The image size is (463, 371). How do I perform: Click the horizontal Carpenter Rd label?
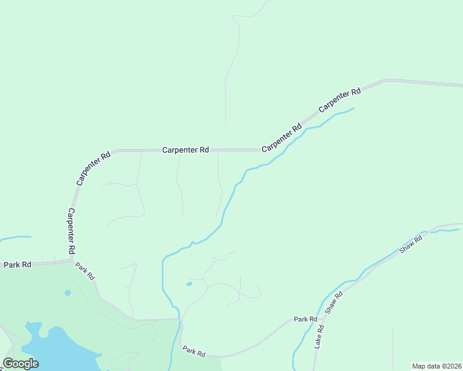(x=186, y=150)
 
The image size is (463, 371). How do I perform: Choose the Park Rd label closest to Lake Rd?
(x=305, y=319)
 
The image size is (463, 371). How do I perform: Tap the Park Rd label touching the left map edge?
(x=17, y=265)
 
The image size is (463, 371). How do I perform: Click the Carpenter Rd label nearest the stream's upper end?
(x=339, y=100)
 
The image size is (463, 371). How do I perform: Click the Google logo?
(x=20, y=364)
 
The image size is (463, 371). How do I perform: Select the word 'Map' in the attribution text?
(x=420, y=365)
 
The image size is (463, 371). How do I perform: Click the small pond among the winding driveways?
(x=189, y=284)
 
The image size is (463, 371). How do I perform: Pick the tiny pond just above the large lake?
(x=67, y=292)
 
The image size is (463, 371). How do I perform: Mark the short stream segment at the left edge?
(x=15, y=237)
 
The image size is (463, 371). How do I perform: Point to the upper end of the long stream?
(x=353, y=109)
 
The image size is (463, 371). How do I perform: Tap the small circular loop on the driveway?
(x=214, y=259)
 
